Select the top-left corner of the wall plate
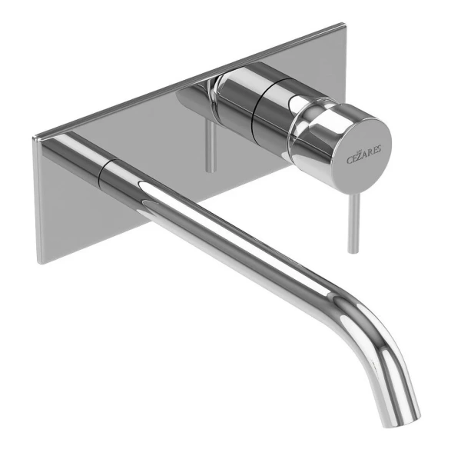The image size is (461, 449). tap(34, 139)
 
